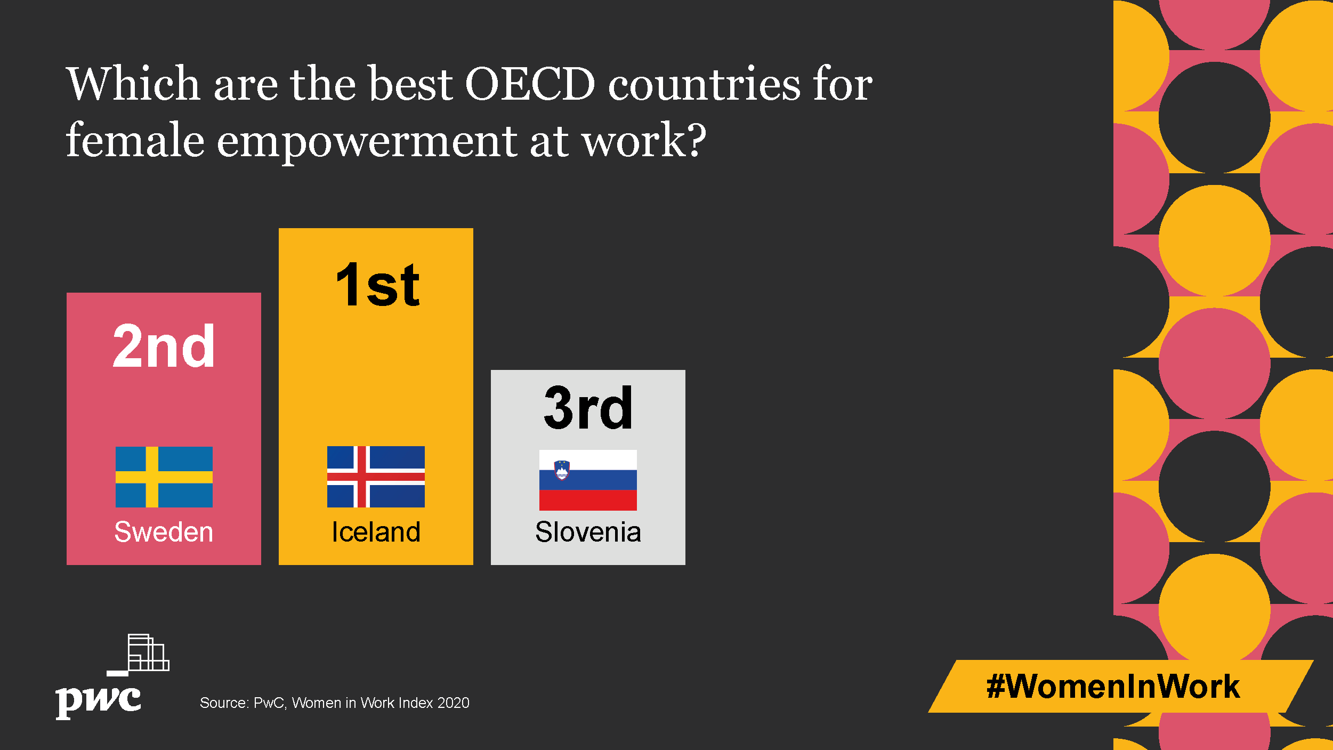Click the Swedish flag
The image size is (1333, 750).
pos(164,477)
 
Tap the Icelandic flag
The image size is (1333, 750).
pos(376,477)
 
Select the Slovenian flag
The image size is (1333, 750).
pos(588,480)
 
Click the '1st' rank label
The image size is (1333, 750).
pos(378,285)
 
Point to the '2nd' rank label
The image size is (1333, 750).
pos(164,346)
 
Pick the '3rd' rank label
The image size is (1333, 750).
pos(588,407)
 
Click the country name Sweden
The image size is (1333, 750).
pos(164,531)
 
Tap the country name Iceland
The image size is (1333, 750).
pos(376,531)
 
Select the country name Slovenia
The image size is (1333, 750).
pos(588,531)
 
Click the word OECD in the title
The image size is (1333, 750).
pos(530,84)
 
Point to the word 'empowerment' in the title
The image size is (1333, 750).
pos(367,141)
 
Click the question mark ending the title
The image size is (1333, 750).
pos(696,139)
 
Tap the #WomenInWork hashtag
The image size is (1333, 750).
pos(1113,686)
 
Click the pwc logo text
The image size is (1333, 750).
pos(99,700)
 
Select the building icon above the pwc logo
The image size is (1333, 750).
pos(139,655)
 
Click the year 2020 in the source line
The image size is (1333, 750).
pos(453,703)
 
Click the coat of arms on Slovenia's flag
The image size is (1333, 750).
pos(562,470)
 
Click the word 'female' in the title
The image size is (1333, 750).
pos(135,139)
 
